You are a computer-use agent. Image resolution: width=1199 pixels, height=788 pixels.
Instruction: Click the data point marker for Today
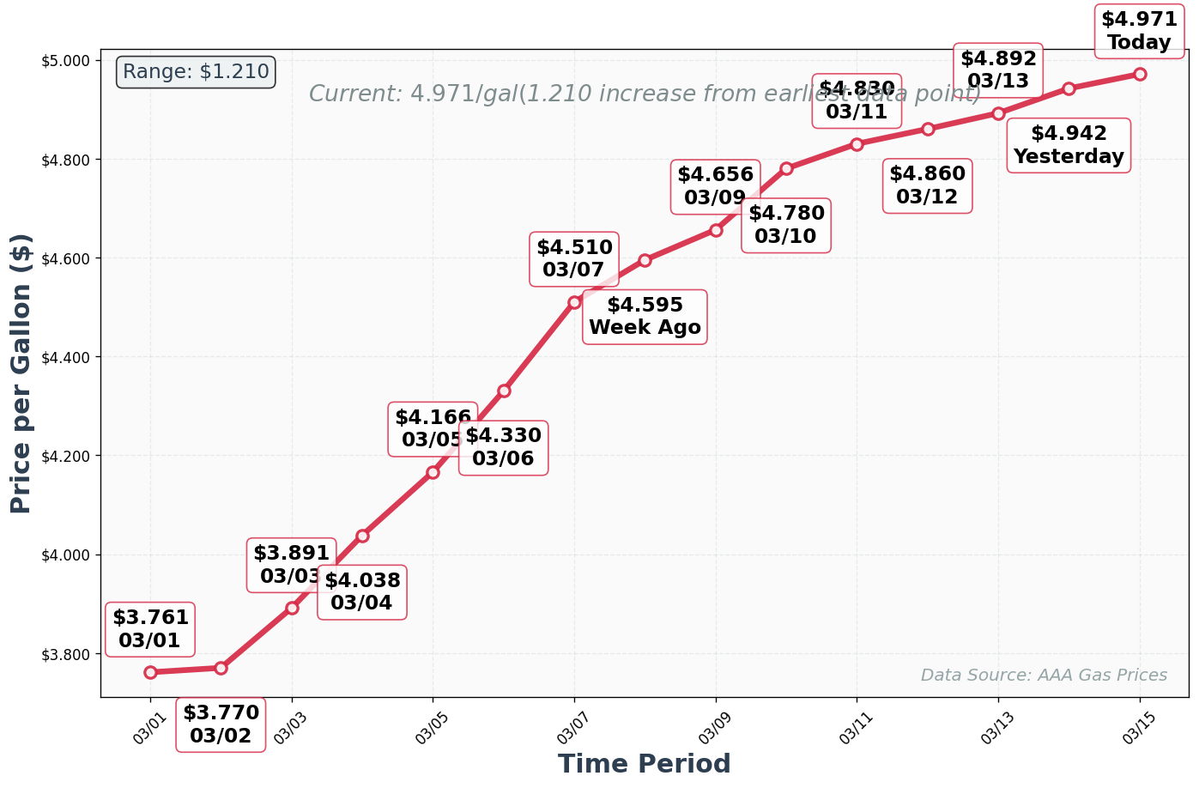1139,74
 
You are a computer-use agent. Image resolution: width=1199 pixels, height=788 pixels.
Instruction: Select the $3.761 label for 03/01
150,629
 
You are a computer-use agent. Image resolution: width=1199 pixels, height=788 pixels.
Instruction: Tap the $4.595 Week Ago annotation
645,317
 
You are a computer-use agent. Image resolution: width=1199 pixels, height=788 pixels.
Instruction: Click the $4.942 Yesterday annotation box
1068,145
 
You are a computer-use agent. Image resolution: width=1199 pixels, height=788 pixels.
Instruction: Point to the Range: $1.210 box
196,72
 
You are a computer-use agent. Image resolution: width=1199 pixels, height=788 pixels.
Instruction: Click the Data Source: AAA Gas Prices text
1043,676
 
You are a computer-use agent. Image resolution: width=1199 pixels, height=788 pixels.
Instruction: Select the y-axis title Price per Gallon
21,373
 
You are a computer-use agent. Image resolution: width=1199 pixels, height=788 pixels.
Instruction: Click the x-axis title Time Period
644,763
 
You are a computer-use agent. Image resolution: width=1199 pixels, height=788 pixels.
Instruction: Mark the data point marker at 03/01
150,672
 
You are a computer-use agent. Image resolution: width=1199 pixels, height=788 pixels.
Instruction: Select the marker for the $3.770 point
221,668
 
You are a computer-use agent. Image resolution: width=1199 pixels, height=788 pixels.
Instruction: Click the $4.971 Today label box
1139,31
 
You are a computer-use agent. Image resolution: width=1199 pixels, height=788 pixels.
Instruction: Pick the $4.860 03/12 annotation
927,185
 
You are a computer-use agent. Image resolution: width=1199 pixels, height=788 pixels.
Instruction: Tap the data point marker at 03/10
786,168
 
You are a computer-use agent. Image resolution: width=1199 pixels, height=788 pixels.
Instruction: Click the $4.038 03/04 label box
361,591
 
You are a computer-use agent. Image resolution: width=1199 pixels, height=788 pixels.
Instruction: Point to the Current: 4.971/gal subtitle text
644,94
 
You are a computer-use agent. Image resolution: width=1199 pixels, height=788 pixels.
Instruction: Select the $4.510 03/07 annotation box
574,258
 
